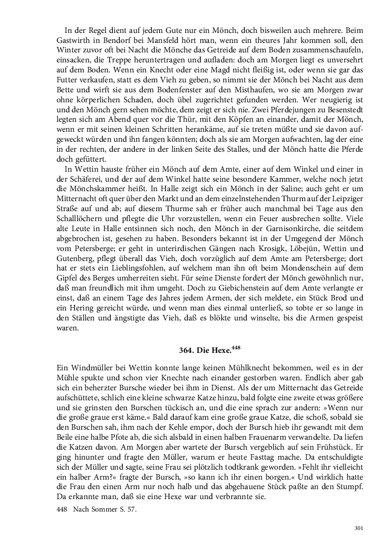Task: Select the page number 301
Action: pyautogui.click(x=358, y=528)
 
